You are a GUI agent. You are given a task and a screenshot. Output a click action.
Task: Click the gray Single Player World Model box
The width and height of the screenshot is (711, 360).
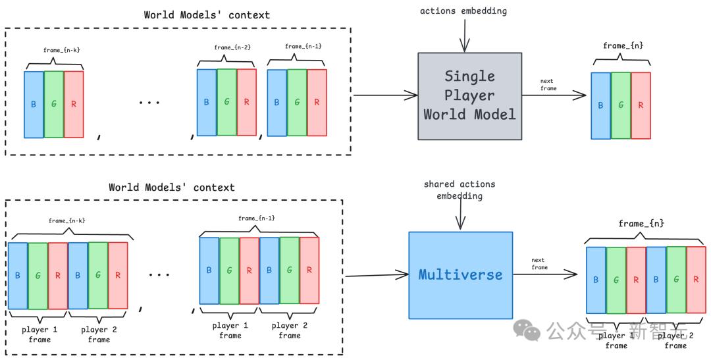tap(469, 96)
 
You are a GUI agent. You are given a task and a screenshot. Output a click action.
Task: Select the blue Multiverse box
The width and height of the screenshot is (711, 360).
tap(460, 274)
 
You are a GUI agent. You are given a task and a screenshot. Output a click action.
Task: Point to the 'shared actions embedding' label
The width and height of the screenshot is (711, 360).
tap(460, 190)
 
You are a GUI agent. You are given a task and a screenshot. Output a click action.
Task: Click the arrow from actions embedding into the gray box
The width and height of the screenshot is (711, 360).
tap(465, 37)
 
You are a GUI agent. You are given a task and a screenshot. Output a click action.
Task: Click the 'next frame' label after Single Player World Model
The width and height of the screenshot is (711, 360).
tap(548, 85)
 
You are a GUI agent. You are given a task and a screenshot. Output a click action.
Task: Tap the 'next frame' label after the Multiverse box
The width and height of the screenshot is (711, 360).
tap(539, 263)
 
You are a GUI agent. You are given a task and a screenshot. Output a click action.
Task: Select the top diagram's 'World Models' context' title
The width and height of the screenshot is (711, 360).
tap(207, 14)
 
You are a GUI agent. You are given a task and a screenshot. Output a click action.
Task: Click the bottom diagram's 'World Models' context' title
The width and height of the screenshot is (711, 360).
tap(171, 188)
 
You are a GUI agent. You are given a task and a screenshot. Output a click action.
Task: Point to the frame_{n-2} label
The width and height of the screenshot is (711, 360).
tap(228, 47)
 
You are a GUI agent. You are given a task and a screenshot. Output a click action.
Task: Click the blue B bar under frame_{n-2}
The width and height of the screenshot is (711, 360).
tap(207, 102)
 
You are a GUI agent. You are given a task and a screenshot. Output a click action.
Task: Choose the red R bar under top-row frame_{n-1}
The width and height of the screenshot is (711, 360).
tap(317, 102)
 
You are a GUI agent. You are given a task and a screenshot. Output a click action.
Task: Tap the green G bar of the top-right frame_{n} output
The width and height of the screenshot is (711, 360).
tap(621, 105)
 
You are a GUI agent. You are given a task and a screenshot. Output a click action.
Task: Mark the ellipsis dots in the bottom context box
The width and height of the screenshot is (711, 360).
tap(159, 274)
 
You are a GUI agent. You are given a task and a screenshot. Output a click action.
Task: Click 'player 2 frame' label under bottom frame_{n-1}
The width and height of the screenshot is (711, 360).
tap(290, 330)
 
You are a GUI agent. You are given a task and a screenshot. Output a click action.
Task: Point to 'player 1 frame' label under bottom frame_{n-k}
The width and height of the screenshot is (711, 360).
tap(39, 334)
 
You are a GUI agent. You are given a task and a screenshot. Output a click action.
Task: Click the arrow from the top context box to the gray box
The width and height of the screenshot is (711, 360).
tap(384, 95)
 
